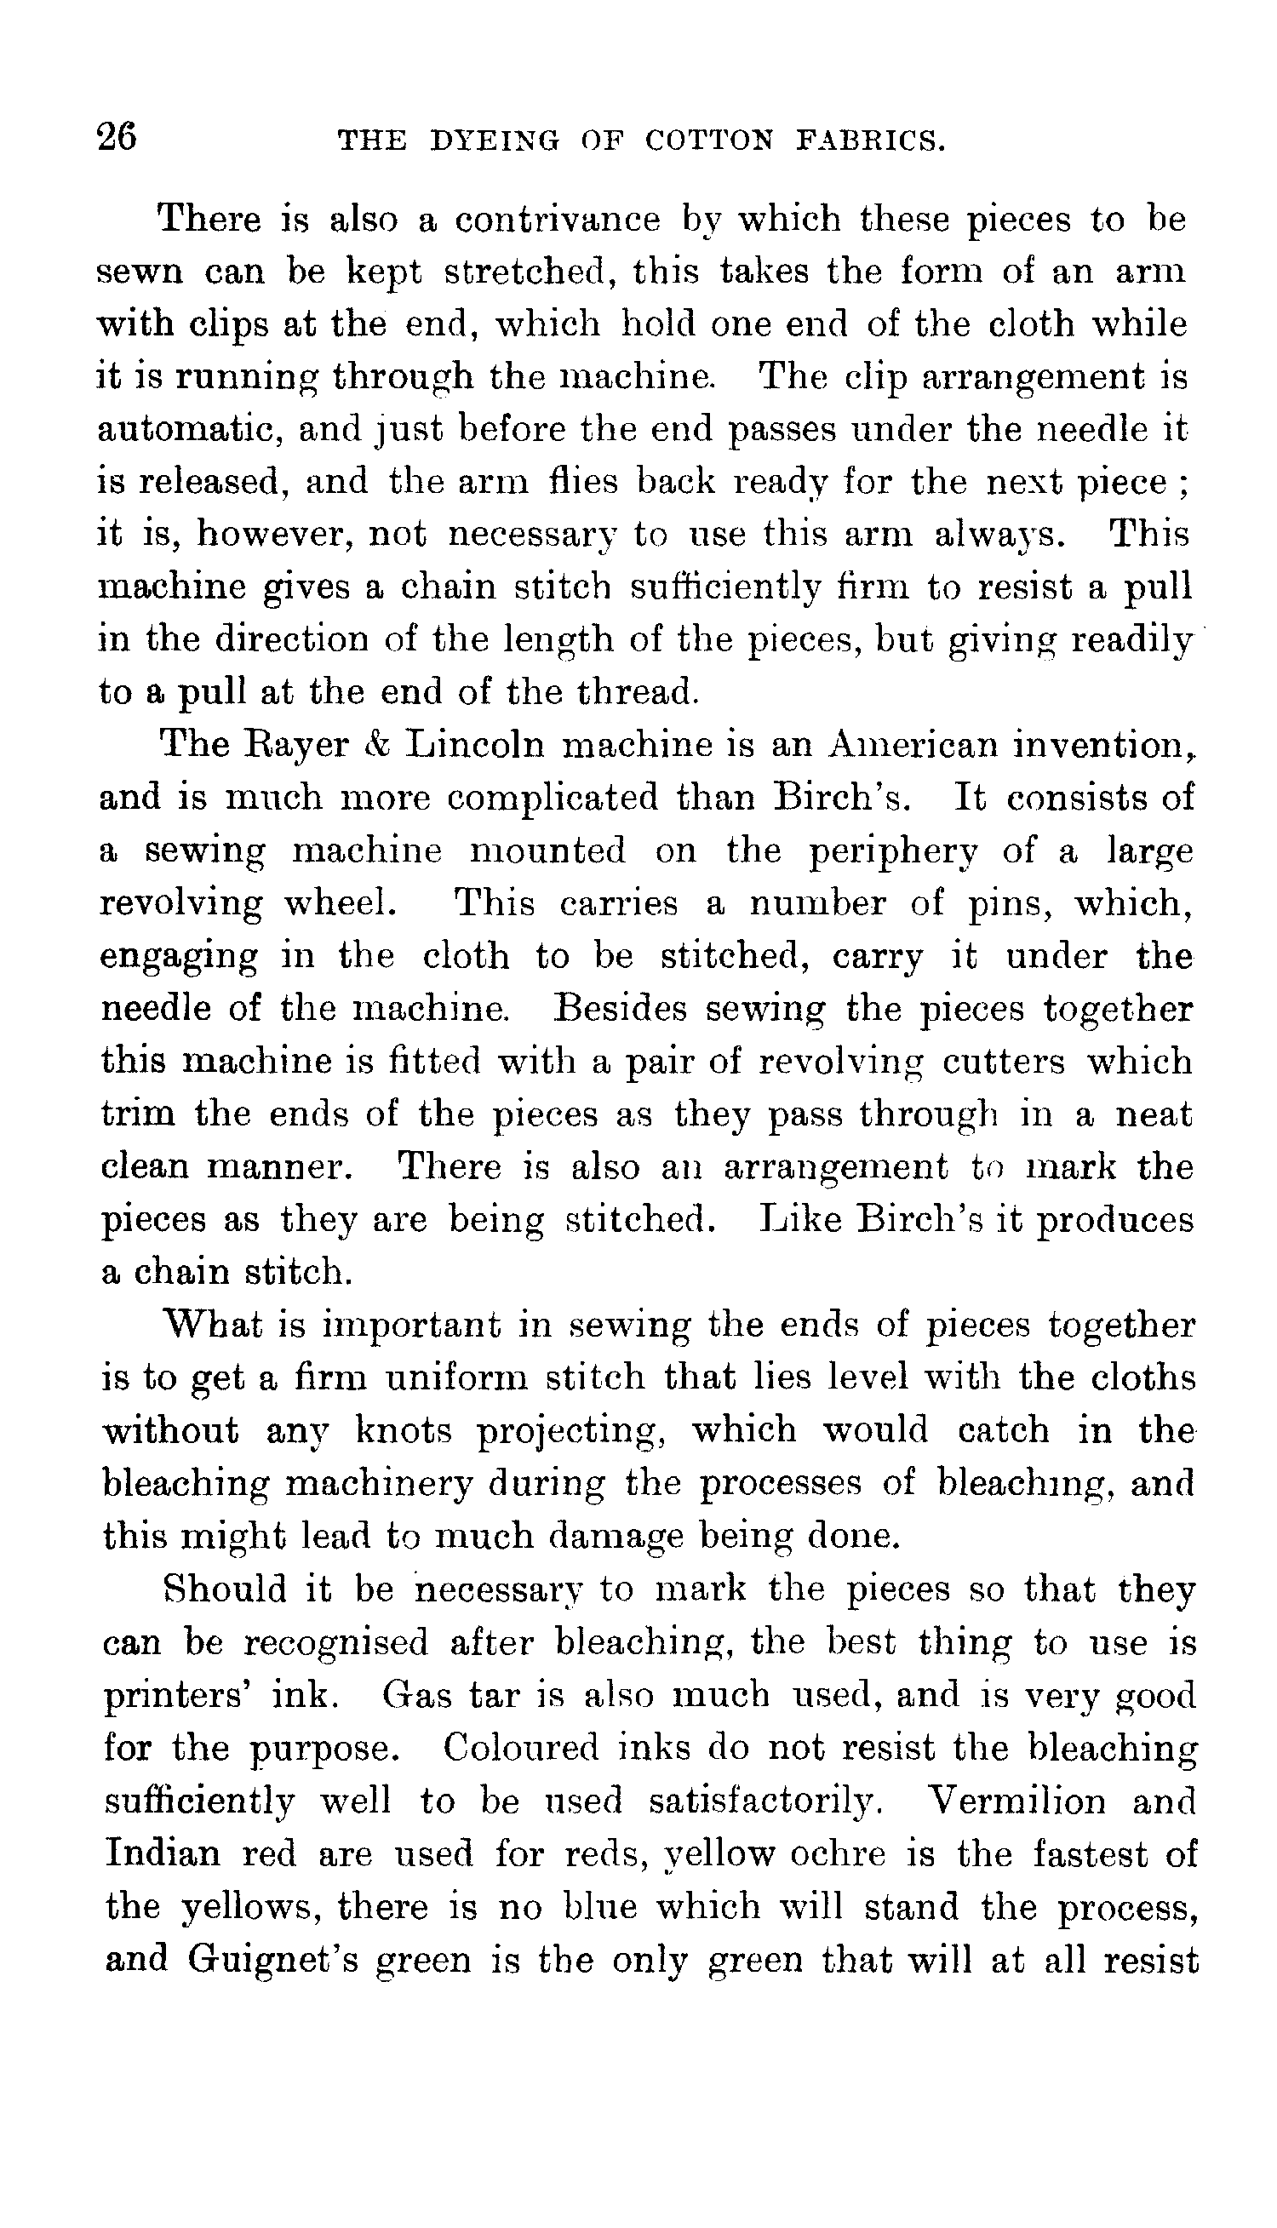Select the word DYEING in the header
pos(495,140)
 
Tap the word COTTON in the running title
pos(709,140)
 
